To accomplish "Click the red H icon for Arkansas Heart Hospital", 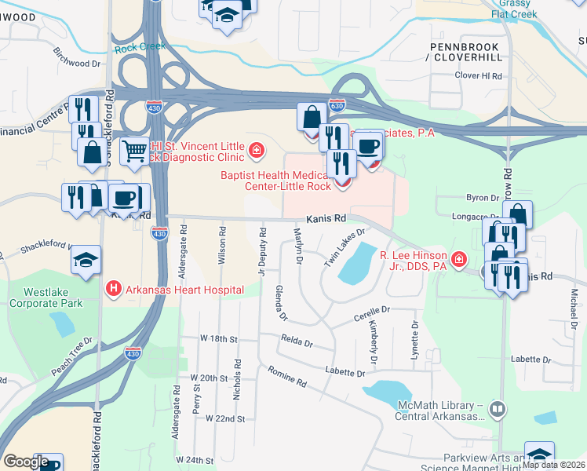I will [x=114, y=290].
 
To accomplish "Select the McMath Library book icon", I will [x=497, y=410].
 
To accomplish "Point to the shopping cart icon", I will [x=135, y=149].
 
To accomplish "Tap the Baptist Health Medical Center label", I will [x=283, y=181].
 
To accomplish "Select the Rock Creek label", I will [x=140, y=47].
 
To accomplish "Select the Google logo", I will [x=26, y=462].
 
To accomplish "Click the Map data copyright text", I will [x=553, y=465].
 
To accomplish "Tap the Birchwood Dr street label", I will [x=77, y=56].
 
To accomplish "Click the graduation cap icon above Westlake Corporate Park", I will [x=86, y=261].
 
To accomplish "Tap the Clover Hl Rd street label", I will [x=478, y=76].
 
